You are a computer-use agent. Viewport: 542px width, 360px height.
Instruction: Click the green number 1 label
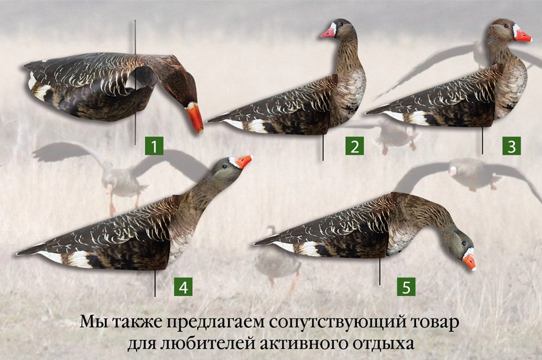pyautogui.click(x=154, y=146)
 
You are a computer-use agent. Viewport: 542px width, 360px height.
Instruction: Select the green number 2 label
pyautogui.click(x=354, y=146)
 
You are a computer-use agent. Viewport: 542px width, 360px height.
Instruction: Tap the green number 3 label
pyautogui.click(x=512, y=146)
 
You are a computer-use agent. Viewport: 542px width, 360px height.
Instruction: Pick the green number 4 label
pyautogui.click(x=183, y=287)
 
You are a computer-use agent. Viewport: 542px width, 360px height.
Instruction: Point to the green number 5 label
pyautogui.click(x=406, y=287)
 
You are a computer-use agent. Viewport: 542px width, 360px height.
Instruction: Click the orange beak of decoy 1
pyautogui.click(x=195, y=118)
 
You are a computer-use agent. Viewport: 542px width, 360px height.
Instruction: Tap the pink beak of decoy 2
pyautogui.click(x=328, y=32)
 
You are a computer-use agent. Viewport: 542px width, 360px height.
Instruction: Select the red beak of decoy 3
pyautogui.click(x=523, y=36)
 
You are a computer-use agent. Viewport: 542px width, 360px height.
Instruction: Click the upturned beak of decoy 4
pyautogui.click(x=244, y=162)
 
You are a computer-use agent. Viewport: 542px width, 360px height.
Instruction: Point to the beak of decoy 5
pyautogui.click(x=469, y=262)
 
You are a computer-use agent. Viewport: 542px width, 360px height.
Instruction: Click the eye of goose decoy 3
pyautogui.click(x=506, y=26)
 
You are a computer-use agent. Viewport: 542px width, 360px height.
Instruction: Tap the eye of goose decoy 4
pyautogui.click(x=225, y=166)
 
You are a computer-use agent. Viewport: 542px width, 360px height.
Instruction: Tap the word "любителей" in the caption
pyautogui.click(x=207, y=344)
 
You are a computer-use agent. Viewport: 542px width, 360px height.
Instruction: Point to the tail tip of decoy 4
pyautogui.click(x=18, y=254)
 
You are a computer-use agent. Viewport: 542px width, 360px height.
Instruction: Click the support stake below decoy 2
pyautogui.click(x=323, y=147)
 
